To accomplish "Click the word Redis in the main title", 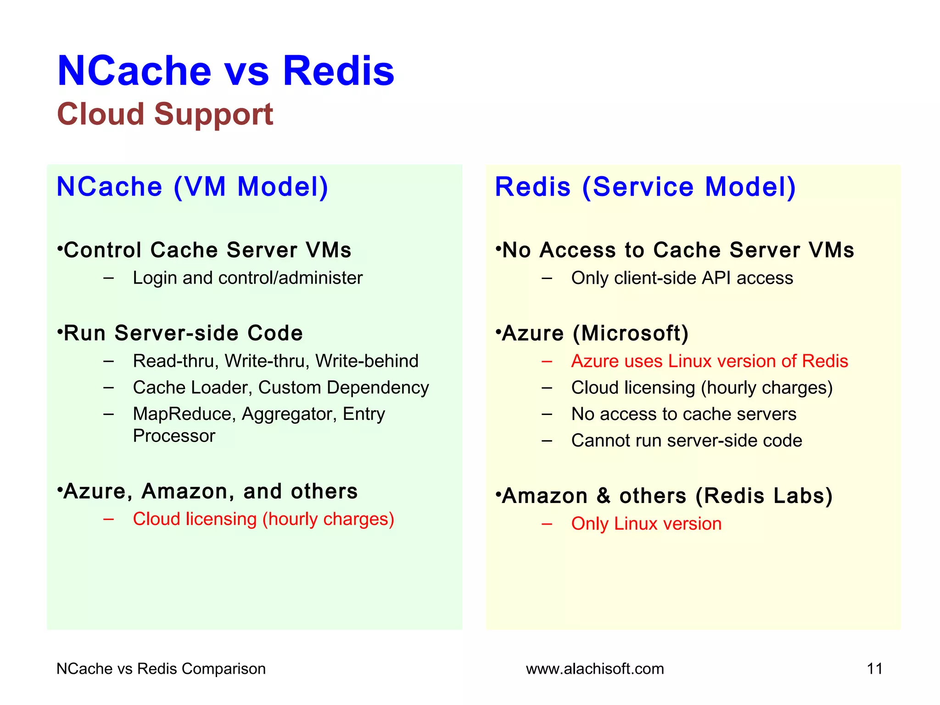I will (x=338, y=71).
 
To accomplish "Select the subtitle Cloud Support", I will (x=165, y=114).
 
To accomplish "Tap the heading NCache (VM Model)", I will (x=192, y=187).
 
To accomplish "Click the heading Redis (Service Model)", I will (x=645, y=187).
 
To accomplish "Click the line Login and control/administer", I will (x=247, y=278).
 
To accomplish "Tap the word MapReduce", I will (x=184, y=414).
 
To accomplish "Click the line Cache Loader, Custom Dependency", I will (x=280, y=388).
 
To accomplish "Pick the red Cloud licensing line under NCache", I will (x=263, y=519).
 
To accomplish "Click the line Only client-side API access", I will (x=682, y=278).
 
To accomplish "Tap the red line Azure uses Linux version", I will (x=709, y=361).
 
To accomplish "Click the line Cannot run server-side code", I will (x=686, y=441).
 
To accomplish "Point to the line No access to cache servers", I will (x=683, y=414).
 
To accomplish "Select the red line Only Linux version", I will (x=646, y=524).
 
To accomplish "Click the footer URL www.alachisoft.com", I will (x=595, y=669).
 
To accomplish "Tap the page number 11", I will (x=874, y=669).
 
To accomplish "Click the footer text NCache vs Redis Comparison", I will (x=161, y=669).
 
